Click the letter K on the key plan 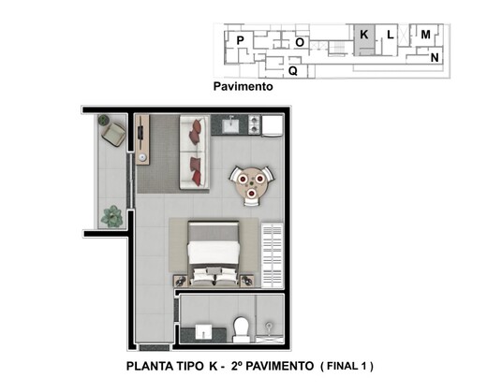click(x=363, y=35)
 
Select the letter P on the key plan click(x=241, y=40)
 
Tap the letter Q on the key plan click(x=293, y=70)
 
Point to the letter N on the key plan click(x=435, y=58)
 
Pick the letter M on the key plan click(x=425, y=35)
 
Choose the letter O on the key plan click(x=300, y=42)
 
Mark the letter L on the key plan click(x=390, y=35)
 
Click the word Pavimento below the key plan click(x=243, y=89)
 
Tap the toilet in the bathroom click(x=241, y=327)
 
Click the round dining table click(x=253, y=180)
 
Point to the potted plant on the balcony click(x=112, y=215)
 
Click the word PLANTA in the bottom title click(x=151, y=365)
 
